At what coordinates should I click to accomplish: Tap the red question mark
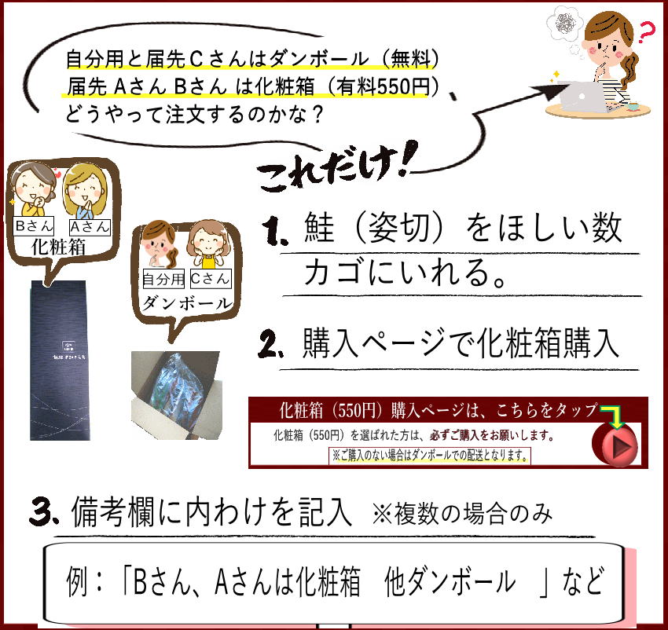point(646,34)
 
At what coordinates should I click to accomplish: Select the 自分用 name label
point(163,278)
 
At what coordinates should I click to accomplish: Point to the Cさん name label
point(210,278)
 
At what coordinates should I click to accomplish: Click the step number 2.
point(273,344)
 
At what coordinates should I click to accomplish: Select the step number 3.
point(43,511)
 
